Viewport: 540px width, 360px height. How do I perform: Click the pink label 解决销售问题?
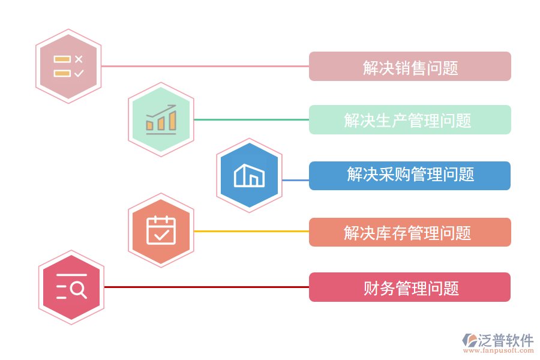point(410,67)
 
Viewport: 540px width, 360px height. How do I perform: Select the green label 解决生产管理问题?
point(410,120)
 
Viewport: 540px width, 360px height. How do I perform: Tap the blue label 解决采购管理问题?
point(410,175)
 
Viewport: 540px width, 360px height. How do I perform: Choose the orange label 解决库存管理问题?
point(410,232)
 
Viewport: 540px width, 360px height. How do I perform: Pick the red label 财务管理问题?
point(410,287)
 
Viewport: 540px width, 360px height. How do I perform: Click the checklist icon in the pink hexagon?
point(68,66)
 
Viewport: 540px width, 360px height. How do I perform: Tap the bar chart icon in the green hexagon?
point(161,120)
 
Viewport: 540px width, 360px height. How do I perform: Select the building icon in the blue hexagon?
point(249,175)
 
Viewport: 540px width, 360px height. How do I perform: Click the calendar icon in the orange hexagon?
point(161,230)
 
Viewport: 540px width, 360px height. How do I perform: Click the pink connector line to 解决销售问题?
point(204,66)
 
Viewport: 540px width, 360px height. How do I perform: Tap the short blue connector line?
point(295,180)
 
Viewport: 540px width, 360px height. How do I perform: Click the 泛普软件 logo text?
point(505,340)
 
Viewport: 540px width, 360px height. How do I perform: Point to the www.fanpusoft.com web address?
point(498,352)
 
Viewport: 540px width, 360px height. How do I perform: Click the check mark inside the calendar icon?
point(161,234)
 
